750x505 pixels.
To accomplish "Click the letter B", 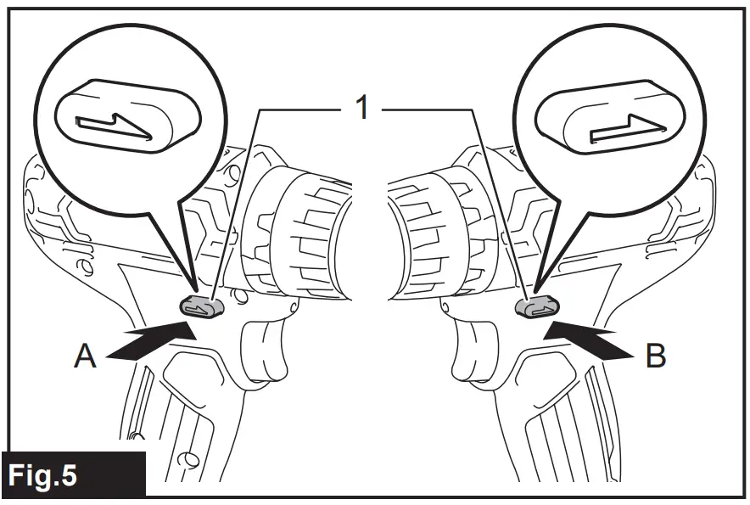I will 655,356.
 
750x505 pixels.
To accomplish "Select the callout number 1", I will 361,108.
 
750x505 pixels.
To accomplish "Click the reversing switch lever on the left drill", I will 201,307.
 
